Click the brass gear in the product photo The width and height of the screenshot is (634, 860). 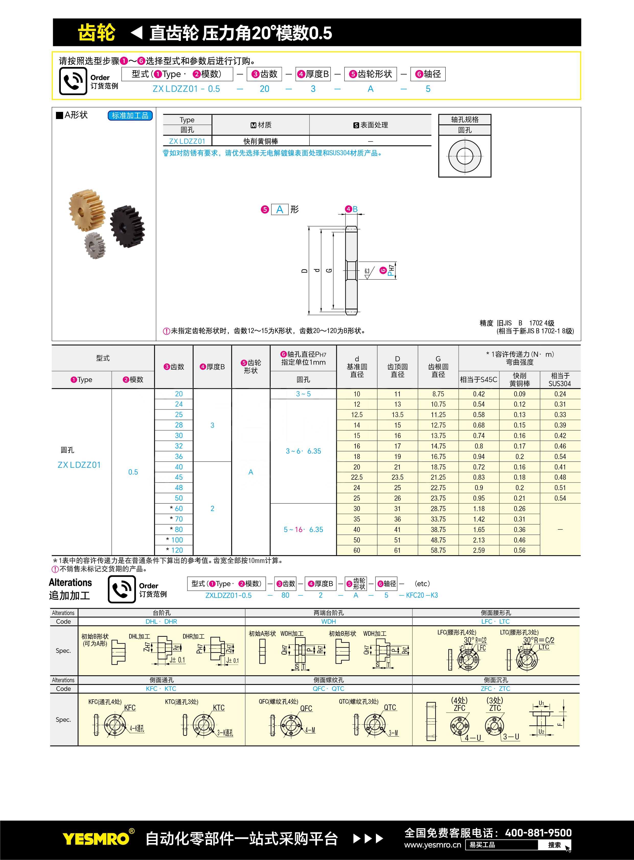[86, 210]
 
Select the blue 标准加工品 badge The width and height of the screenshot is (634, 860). [130, 115]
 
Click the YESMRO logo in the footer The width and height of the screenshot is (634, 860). [96, 839]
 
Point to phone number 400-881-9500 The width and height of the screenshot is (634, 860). [538, 833]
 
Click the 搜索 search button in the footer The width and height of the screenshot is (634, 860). [554, 845]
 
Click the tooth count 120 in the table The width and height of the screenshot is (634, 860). [177, 550]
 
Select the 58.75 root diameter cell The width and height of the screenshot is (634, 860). [438, 550]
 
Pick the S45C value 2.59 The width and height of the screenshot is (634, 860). [479, 550]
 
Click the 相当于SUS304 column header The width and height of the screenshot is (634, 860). [560, 379]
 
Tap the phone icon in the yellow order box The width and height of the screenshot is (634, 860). [73, 81]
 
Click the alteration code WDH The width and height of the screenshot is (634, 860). [329, 621]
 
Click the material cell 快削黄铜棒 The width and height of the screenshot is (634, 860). [261, 141]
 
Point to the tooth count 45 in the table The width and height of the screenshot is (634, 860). [179, 477]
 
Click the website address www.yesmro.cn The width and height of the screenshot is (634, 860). [433, 845]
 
